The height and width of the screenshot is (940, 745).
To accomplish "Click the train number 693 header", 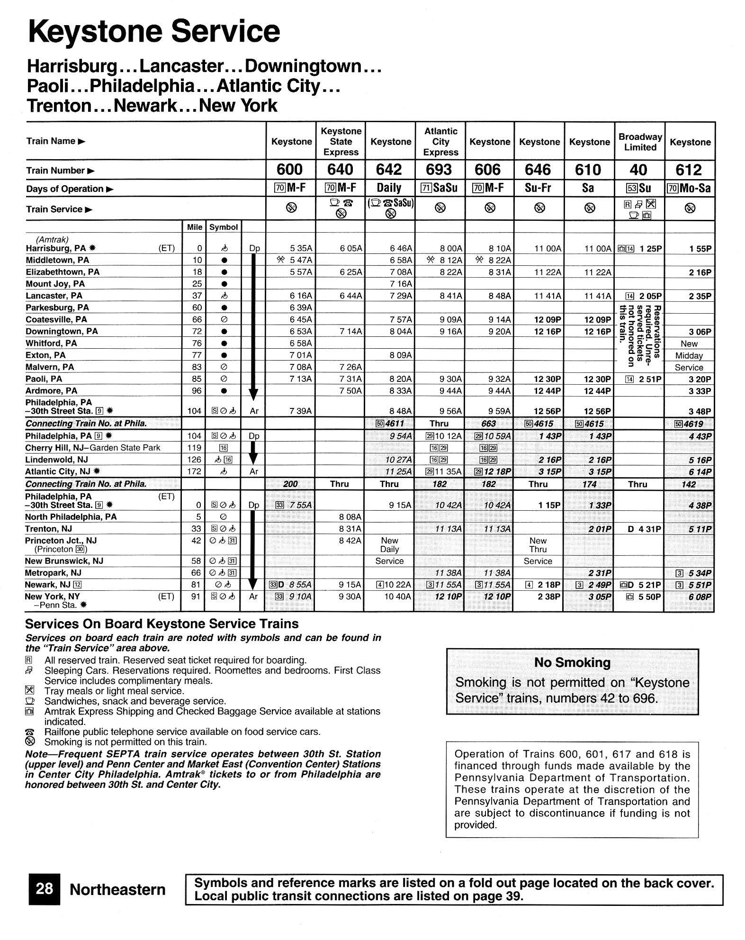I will (440, 170).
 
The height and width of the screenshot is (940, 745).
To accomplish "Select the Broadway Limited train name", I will (639, 142).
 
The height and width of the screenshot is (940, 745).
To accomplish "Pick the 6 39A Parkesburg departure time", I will (301, 307).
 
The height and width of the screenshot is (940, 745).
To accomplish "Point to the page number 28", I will (44, 889).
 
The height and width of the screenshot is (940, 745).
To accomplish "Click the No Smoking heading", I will (572, 662).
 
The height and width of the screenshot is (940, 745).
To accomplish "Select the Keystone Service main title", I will (154, 31).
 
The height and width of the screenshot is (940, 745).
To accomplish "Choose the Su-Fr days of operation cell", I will (539, 188).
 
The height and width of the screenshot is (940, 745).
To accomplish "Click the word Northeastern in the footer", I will (117, 890).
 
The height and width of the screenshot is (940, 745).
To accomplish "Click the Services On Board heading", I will (162, 624).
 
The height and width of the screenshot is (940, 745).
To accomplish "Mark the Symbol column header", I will (223, 227).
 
